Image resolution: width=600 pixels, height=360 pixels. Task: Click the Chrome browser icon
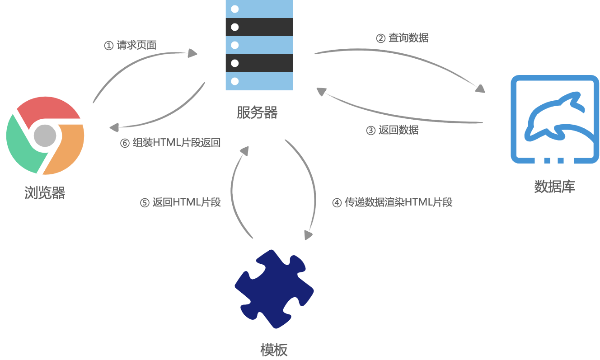coord(45,135)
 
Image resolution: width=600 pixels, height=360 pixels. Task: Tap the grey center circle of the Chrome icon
coord(45,136)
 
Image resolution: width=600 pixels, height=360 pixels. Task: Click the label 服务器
coord(257,112)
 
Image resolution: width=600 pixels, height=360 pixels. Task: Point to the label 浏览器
coord(45,193)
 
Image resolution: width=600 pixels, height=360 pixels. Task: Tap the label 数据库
coord(554,186)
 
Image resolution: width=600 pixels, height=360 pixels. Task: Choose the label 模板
coord(274,350)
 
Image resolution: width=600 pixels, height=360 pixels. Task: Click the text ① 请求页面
coord(131,45)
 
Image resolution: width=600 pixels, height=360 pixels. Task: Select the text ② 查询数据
coord(402,38)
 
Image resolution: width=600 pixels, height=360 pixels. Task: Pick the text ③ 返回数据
coord(392,130)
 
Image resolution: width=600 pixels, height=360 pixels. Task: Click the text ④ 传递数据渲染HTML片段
coord(392,202)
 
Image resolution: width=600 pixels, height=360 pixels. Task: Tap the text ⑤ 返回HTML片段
coord(180,202)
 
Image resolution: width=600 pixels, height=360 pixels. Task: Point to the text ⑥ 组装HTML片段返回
coord(170,143)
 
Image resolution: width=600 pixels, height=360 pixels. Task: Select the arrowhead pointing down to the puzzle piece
coord(309,235)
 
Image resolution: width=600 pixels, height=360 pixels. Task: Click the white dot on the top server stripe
coord(234,9)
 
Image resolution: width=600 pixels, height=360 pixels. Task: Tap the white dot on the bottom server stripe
coord(234,81)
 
